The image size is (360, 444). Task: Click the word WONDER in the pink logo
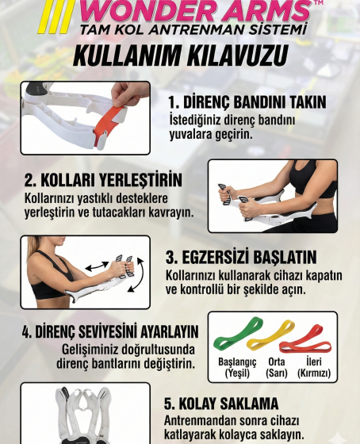coord(146,11)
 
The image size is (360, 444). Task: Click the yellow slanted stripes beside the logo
coord(56,16)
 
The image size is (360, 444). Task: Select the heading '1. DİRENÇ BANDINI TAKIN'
coord(247,102)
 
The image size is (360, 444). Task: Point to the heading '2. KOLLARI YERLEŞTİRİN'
coord(103,180)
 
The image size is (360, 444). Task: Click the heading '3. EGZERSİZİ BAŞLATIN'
coord(241,257)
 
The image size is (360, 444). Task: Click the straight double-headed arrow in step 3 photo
coord(97,266)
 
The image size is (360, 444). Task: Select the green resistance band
coord(238,333)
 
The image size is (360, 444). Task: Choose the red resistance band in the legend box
coord(305,341)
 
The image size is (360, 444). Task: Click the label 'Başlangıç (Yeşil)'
coord(237,367)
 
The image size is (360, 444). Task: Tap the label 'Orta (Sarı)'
coord(277,367)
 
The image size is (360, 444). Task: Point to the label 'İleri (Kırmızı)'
coord(314,367)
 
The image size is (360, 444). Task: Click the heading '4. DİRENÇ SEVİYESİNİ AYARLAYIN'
coord(110,331)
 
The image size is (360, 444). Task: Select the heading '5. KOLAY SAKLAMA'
coord(221,404)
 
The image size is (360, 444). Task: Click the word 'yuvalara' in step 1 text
coord(190,134)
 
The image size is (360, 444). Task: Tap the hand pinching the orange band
coord(130,94)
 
